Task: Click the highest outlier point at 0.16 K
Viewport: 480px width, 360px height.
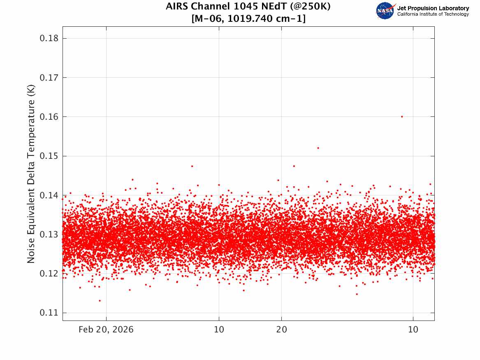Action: click(402, 116)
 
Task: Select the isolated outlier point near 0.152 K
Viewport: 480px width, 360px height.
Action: click(318, 148)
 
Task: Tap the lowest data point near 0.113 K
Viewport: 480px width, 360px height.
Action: click(100, 301)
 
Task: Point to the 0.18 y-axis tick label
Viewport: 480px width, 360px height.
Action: click(49, 38)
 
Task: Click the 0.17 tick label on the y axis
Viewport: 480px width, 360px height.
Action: click(49, 77)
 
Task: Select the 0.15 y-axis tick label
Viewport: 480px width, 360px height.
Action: click(49, 156)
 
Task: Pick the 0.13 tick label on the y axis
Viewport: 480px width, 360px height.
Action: click(49, 234)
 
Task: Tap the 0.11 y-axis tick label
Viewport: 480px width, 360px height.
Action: click(49, 313)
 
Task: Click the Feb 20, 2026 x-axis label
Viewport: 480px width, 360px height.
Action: click(106, 330)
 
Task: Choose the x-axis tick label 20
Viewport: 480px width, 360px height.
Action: click(282, 330)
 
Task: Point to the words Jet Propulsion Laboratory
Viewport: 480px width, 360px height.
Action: click(433, 8)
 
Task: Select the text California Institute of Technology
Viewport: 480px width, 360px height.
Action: click(433, 14)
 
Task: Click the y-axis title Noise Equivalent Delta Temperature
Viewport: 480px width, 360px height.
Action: click(31, 174)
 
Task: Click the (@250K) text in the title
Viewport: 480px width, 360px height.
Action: click(310, 6)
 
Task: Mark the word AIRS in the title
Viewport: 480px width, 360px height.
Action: click(176, 6)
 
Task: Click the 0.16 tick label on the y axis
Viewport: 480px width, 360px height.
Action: click(49, 116)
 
